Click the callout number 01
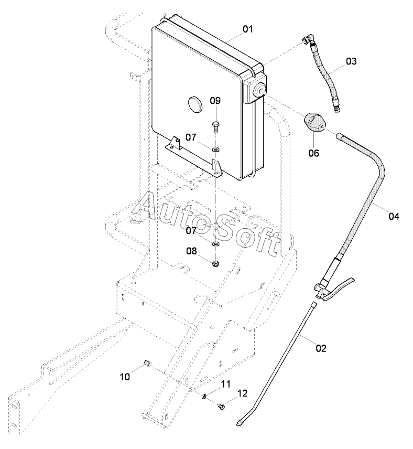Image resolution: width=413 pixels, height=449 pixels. (248, 29)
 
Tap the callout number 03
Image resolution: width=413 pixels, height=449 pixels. (351, 61)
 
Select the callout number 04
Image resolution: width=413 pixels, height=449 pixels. (394, 216)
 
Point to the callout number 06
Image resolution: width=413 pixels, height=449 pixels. (313, 153)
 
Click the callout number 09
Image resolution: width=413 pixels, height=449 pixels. (215, 101)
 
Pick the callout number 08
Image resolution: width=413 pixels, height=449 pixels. (191, 251)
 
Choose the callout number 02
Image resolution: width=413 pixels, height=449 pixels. (321, 348)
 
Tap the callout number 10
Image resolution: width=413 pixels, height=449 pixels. (125, 377)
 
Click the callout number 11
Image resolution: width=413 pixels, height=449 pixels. (226, 384)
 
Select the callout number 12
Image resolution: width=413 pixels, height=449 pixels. (242, 393)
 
